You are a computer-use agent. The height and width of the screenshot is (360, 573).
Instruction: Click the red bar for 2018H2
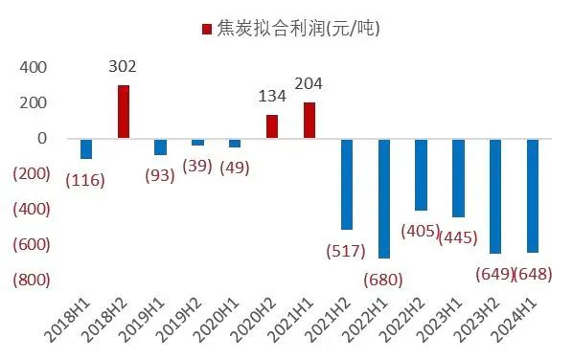(124, 112)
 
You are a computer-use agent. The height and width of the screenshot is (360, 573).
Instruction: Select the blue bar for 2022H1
(384, 198)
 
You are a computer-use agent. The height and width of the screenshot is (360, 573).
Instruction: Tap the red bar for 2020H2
(272, 126)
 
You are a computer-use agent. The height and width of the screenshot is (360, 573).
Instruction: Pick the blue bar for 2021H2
(347, 184)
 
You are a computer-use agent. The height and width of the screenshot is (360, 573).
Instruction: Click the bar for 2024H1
(533, 195)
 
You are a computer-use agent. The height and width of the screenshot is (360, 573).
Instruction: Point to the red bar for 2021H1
(309, 121)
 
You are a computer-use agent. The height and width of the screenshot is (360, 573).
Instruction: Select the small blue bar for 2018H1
(86, 148)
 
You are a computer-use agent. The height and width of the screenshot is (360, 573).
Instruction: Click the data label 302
(124, 67)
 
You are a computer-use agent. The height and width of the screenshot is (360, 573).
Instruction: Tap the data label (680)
(384, 280)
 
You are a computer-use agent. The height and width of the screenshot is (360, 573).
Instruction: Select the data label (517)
(347, 251)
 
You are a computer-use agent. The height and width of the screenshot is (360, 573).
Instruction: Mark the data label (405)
(420, 231)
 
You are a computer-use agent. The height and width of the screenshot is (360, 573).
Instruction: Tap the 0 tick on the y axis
(42, 139)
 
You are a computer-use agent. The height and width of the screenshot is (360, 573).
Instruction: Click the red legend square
(206, 29)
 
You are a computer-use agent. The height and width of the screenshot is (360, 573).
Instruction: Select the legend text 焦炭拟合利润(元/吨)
(298, 29)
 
